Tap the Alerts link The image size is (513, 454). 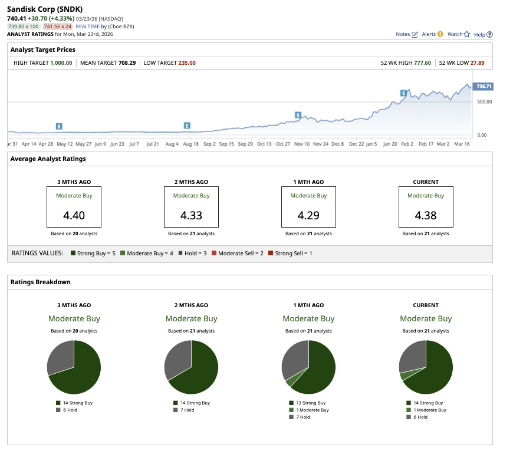[432, 34]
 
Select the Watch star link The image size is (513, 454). [458, 34]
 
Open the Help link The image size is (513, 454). [483, 34]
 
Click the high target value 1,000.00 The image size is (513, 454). [61, 62]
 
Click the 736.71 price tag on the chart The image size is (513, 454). [484, 86]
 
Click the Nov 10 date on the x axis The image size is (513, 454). [302, 143]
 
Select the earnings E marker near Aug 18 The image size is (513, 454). [187, 126]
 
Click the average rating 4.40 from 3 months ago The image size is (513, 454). [74, 215]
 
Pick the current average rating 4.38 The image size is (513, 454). [425, 215]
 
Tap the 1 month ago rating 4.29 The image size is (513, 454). [308, 215]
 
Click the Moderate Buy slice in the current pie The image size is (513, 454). [405, 376]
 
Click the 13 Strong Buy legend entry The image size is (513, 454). [309, 403]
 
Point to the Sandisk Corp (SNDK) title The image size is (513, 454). [45, 10]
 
